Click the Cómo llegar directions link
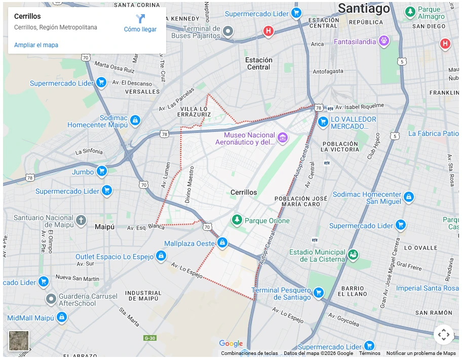point(140,23)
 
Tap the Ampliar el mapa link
point(36,45)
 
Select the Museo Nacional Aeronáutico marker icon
point(283,137)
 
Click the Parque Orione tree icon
point(237,220)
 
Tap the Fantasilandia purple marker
point(384,40)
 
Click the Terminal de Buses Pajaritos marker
point(228,32)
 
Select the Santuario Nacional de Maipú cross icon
point(81,220)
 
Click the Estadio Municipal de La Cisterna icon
point(353,255)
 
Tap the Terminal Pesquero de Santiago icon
point(318,292)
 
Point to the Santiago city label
point(364,9)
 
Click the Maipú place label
point(106,227)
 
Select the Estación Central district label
point(258,63)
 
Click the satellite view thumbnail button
point(19,341)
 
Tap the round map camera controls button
point(443,335)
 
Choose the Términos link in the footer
point(369,353)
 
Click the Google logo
point(231,344)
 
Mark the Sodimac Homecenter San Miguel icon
point(409,196)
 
